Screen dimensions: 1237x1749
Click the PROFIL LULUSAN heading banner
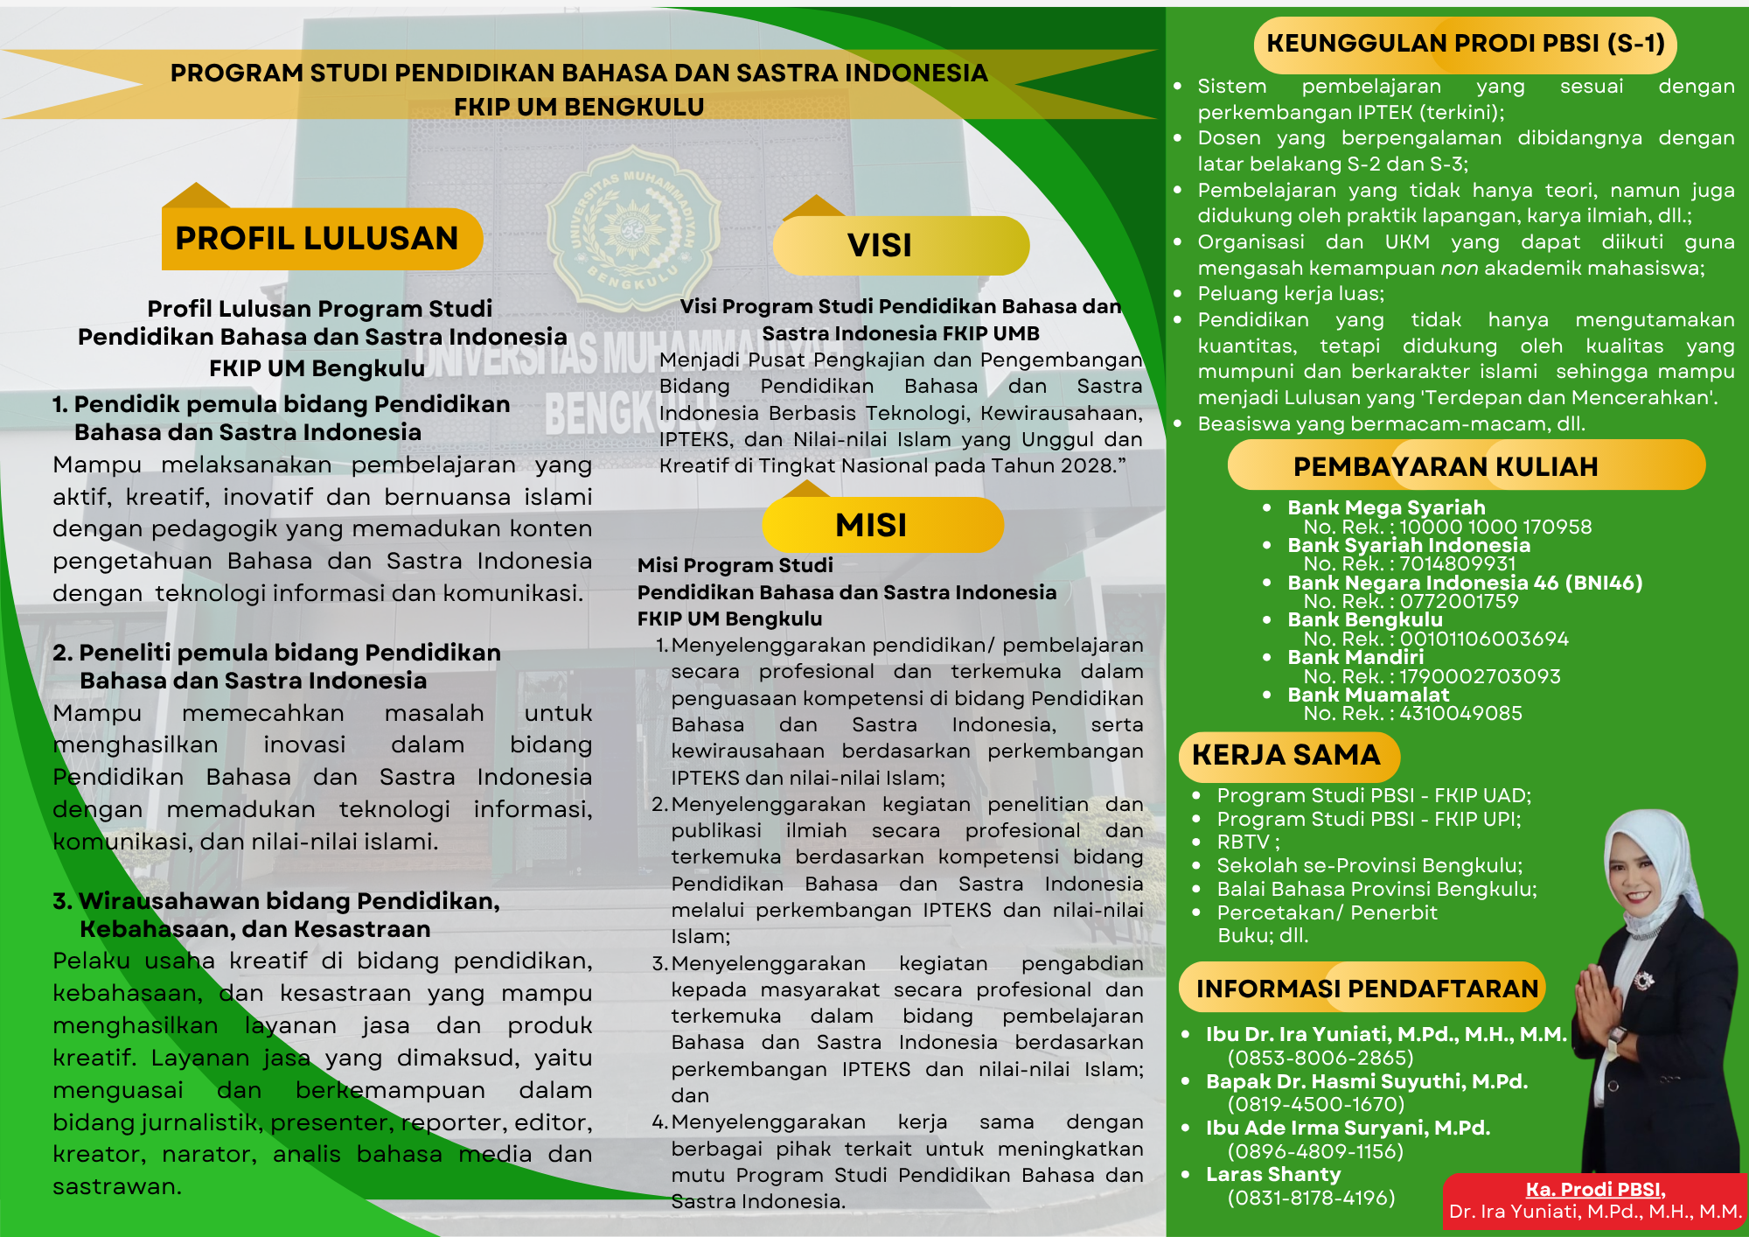[317, 239]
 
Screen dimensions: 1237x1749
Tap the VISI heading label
[880, 246]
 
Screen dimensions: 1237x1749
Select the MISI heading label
[871, 525]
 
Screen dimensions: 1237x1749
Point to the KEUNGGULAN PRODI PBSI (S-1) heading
[1466, 44]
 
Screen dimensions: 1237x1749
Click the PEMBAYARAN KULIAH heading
[1446, 466]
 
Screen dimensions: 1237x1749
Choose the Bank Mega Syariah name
[1386, 507]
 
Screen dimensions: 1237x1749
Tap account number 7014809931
[1458, 564]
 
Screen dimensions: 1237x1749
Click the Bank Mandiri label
[1355, 657]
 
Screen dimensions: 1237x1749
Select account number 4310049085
[1460, 714]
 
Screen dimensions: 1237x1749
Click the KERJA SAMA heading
[1286, 755]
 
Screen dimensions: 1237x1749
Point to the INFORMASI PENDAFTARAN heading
[1367, 989]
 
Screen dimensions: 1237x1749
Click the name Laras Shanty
[1273, 1175]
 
